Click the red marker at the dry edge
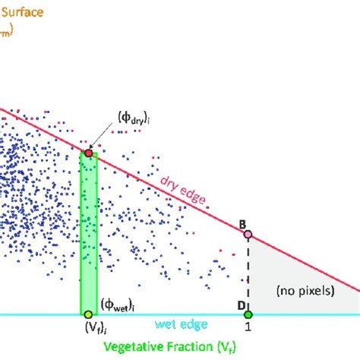88,153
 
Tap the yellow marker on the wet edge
88,314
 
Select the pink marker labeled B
248,235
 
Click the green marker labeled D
248,314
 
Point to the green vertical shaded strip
88,228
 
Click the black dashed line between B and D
248,273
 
